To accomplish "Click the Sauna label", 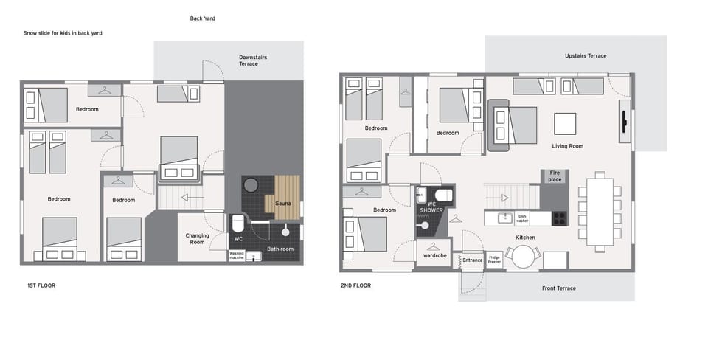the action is pyautogui.click(x=283, y=204).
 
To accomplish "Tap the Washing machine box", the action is pyautogui.click(x=237, y=256).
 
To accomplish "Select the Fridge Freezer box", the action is pyautogui.click(x=494, y=260).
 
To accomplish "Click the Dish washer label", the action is pyautogui.click(x=522, y=218).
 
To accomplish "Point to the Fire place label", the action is pyautogui.click(x=555, y=176).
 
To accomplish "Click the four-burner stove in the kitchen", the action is pyautogui.click(x=560, y=218).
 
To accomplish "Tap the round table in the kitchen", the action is pyautogui.click(x=524, y=257).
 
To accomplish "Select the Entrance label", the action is pyautogui.click(x=473, y=260).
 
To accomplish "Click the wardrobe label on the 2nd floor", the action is pyautogui.click(x=435, y=256).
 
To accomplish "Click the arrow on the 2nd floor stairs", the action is pyautogui.click(x=503, y=198).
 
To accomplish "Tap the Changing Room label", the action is pyautogui.click(x=198, y=238).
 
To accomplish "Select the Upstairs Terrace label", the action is pyautogui.click(x=586, y=55).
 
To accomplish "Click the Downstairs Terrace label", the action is pyautogui.click(x=253, y=60).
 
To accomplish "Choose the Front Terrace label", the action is pyautogui.click(x=559, y=288).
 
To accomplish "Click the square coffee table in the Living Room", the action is pyautogui.click(x=565, y=124).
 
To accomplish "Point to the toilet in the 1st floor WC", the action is pyautogui.click(x=237, y=223).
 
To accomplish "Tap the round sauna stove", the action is pyautogui.click(x=251, y=184).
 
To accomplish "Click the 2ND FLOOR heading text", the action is pyautogui.click(x=355, y=285).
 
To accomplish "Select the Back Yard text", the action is pyautogui.click(x=202, y=18).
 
